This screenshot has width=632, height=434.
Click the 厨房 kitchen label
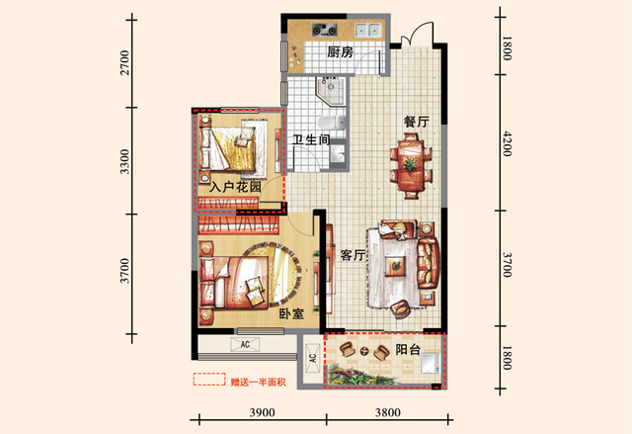coord(340,52)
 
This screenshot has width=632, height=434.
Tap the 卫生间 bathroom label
coord(311,139)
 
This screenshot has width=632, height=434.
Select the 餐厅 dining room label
coord(417,122)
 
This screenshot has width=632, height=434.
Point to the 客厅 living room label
coord(353,254)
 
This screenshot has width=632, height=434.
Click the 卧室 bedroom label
coord(292,313)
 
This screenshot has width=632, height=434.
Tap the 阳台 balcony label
coord(408,349)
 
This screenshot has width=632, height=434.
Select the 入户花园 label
coord(235,187)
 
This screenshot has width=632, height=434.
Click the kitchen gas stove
coord(325,30)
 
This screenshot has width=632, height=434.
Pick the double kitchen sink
coord(368,30)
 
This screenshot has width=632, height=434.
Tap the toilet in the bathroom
coord(332,122)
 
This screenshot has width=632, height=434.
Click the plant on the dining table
coord(411,164)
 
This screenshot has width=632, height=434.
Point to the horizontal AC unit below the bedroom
coord(245,344)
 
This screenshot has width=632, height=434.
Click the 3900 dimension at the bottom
coord(263,412)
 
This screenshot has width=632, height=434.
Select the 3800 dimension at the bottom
coord(388,412)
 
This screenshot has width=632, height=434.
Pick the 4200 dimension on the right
coord(507,143)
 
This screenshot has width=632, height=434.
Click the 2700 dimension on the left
coord(125,62)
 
